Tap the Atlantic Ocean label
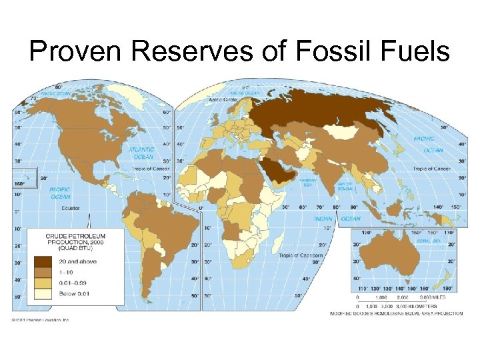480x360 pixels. pos(143,153)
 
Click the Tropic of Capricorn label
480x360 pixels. pos(301,255)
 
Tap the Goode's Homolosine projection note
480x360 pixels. pos(393,313)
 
